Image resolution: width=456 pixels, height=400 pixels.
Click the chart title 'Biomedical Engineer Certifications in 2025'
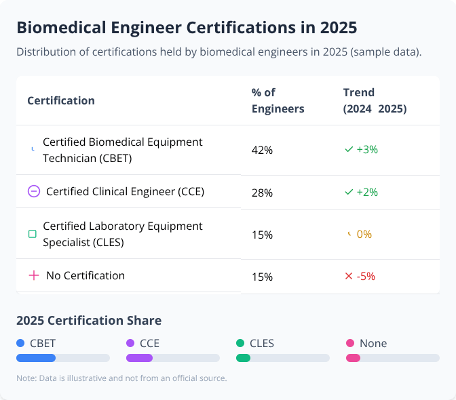tap(187, 28)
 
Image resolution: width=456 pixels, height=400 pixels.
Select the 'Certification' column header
tap(61, 100)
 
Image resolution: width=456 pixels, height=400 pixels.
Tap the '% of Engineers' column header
tap(278, 100)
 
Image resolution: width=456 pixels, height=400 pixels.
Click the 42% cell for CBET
tap(262, 151)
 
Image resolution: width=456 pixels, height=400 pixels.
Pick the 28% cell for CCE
tap(262, 193)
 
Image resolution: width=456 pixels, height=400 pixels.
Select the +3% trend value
tap(366, 149)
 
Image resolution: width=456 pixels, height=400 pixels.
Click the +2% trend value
tap(366, 192)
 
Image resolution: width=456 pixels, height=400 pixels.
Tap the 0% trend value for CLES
tap(364, 234)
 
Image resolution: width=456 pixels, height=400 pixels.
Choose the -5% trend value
tap(366, 276)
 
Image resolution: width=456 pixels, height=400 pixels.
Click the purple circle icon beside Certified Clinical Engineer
tap(34, 191)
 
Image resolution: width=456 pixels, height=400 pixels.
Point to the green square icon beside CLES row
tap(32, 234)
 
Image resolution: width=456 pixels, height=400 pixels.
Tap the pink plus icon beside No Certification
tap(34, 275)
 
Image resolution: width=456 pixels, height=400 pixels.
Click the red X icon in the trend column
tap(349, 276)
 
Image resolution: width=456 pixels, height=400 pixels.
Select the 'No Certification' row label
tap(85, 275)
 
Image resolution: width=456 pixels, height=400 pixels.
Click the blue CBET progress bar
tap(36, 358)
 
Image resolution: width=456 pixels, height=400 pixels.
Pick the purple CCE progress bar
tap(139, 358)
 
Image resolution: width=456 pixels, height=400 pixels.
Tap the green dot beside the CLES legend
tap(240, 343)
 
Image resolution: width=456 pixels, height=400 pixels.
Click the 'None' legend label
tap(373, 343)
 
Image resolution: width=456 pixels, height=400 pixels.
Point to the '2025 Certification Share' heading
tap(89, 321)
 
